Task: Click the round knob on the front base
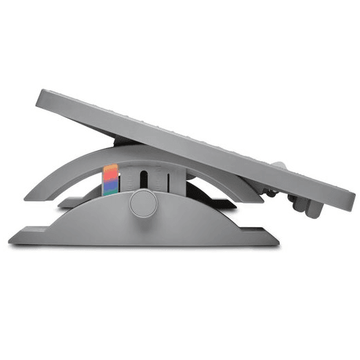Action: (143, 204)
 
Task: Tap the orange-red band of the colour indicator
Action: (110, 172)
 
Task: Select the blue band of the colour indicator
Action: (110, 182)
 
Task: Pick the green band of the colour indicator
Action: (110, 193)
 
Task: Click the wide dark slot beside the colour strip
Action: (143, 180)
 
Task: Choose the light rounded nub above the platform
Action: (279, 166)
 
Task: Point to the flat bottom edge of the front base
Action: (144, 243)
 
